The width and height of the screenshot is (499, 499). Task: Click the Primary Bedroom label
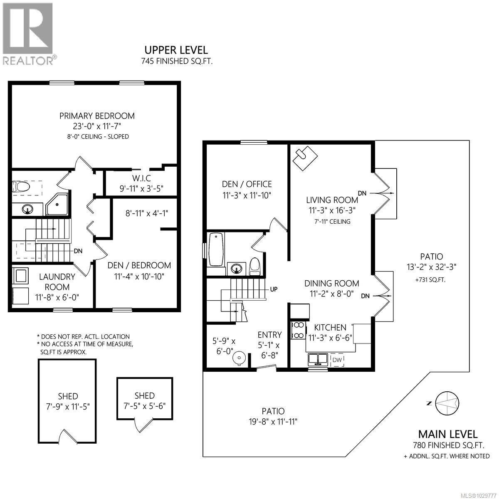(97, 116)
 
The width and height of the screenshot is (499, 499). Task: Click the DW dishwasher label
(336, 359)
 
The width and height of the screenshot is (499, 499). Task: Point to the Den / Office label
(247, 184)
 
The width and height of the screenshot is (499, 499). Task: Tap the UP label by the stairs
(274, 289)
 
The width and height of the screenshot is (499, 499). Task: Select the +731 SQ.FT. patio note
(430, 280)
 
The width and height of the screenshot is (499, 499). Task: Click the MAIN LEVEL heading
(447, 434)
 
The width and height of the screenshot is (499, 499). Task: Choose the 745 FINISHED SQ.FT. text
(175, 61)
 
